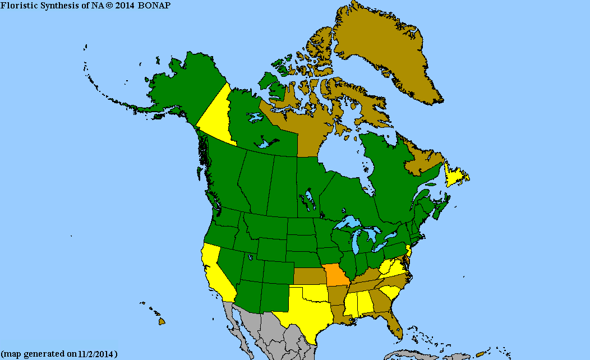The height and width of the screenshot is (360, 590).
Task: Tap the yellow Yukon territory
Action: tap(216, 115)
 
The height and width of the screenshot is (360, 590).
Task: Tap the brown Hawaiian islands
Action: tap(162, 321)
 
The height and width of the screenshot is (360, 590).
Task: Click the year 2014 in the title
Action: tap(125, 5)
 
